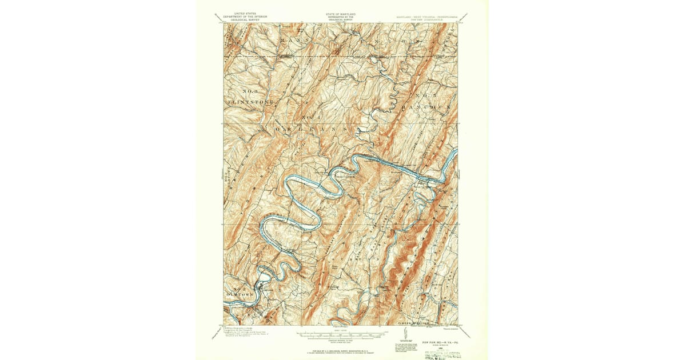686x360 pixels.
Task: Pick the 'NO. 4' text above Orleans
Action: [309, 118]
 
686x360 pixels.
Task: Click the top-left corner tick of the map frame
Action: [224, 23]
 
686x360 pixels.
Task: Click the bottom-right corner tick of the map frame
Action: [458, 326]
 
